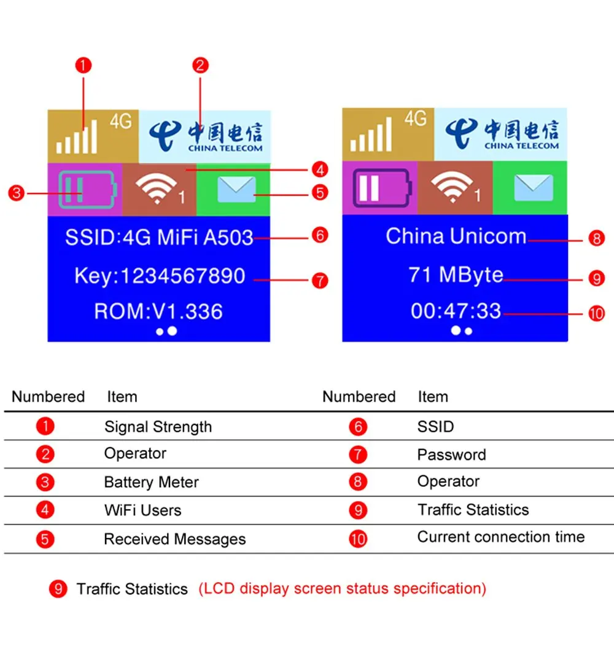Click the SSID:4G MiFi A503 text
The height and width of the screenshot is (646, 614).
[159, 237]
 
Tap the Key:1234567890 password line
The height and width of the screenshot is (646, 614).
[160, 276]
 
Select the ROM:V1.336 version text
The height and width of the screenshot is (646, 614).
[158, 311]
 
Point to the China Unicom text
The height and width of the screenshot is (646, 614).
[456, 236]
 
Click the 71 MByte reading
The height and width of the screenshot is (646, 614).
[456, 275]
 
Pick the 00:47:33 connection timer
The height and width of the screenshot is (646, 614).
[456, 311]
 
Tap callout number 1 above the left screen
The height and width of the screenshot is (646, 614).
[84, 65]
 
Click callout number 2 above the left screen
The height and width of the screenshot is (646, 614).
[200, 65]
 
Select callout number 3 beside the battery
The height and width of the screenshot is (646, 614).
[17, 193]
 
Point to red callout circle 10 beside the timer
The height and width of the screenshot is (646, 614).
[596, 314]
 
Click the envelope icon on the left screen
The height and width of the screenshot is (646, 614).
[236, 189]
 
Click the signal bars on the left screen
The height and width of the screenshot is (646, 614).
[77, 136]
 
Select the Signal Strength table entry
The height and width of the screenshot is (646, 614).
[158, 427]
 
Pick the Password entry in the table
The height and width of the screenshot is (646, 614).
[452, 455]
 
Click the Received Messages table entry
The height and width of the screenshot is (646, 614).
[175, 539]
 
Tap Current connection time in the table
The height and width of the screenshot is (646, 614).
[500, 537]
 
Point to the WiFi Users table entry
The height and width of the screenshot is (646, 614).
[143, 510]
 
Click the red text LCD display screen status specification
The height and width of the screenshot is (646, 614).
[343, 589]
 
